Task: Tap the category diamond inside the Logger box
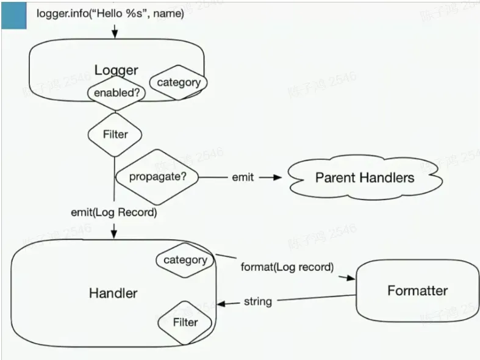pos(178,83)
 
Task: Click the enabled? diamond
pos(115,93)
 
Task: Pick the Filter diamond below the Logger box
pos(115,134)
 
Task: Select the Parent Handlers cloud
pos(364,178)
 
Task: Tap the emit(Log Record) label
pos(113,212)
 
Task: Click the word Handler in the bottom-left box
pos(113,293)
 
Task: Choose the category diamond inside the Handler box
pos(185,260)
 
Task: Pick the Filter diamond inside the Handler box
pos(185,322)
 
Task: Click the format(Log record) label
pos(287,267)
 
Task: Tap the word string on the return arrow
pos(257,301)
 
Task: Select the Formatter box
pos(417,290)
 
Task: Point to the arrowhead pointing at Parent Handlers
pos(278,178)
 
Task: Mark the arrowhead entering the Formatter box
pos(350,278)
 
